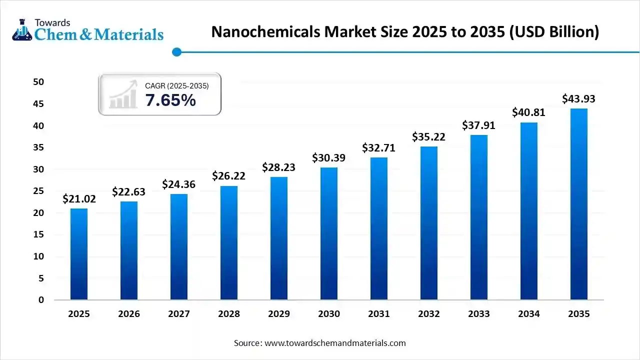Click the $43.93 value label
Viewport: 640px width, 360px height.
pyautogui.click(x=578, y=99)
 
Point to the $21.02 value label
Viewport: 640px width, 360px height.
pyautogui.click(x=79, y=199)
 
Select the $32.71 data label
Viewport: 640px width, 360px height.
pyautogui.click(x=379, y=148)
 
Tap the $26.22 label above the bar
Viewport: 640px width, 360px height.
pyautogui.click(x=229, y=176)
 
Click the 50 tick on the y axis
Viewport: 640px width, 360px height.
pyautogui.click(x=38, y=82)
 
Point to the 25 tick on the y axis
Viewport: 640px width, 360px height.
pyautogui.click(x=38, y=191)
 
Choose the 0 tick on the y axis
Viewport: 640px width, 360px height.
pyautogui.click(x=41, y=300)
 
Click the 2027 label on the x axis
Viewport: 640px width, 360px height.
pyautogui.click(x=179, y=314)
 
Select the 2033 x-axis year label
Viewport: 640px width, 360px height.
pyautogui.click(x=479, y=314)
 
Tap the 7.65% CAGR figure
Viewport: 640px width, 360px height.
pyautogui.click(x=170, y=100)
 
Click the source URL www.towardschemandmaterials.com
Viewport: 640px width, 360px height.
pyautogui.click(x=334, y=343)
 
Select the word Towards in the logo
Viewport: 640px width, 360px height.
pyautogui.click(x=52, y=22)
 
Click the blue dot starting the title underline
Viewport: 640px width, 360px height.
pyautogui.click(x=176, y=52)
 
